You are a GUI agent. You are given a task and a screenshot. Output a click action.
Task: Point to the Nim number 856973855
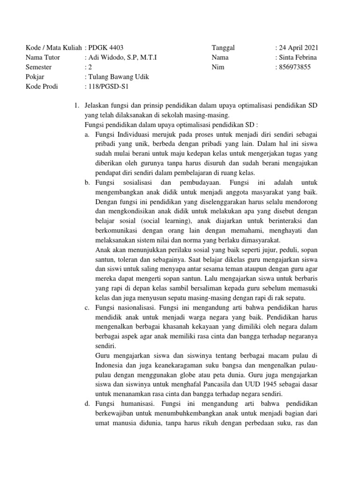294,67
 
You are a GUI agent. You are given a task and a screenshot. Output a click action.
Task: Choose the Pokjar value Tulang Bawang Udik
118,77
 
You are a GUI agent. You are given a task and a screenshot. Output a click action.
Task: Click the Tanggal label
224,48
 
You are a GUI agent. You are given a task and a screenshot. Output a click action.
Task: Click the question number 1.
76,106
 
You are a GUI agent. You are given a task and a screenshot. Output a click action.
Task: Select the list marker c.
87,308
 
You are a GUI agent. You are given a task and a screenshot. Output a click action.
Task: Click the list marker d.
87,404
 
